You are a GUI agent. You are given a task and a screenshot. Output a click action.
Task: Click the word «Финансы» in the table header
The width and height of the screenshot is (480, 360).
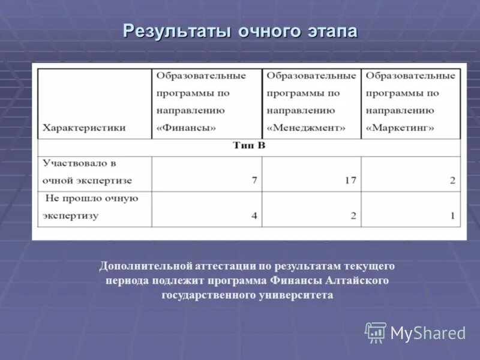pos(186,128)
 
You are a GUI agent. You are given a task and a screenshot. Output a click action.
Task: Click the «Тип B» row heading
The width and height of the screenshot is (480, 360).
pos(248,146)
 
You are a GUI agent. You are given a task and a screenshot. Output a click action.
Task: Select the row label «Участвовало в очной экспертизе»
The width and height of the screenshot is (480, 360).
pos(88,172)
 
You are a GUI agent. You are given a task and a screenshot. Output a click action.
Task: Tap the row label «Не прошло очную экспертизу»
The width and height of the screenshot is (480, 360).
pos(90,207)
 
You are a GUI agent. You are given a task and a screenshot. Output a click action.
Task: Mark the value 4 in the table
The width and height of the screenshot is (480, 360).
pos(254,216)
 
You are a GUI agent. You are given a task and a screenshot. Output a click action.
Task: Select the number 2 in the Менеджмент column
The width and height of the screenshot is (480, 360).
pos(353,216)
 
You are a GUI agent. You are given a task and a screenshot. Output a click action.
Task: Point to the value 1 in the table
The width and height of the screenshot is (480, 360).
pos(452,216)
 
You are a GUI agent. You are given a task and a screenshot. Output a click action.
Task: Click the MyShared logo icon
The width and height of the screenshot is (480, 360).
pos(376,332)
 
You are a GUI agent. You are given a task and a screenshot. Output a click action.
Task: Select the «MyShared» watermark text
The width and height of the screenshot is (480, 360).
pos(428,333)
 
